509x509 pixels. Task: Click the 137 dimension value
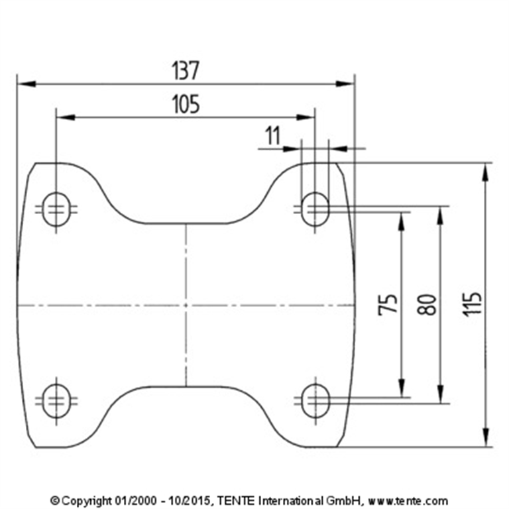pos(186,70)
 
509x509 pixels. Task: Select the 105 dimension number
pos(186,104)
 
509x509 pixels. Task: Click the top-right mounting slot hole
pos(315,209)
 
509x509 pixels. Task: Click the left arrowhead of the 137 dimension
pos(25,84)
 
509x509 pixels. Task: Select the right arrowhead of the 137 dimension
pos(346,84)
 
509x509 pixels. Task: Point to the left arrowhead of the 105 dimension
pos(65,117)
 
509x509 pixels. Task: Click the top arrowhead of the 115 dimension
pos(486,171)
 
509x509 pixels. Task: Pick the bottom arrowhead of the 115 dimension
pos(486,439)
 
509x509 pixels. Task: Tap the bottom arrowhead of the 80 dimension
pos(439,395)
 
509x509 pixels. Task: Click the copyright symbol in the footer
pos(55,500)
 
